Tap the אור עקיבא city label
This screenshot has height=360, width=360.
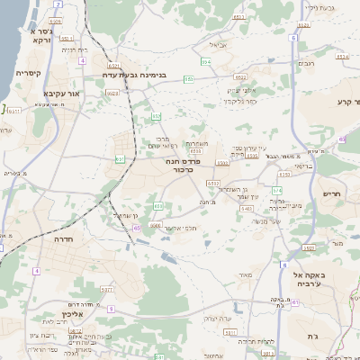pos(61,94)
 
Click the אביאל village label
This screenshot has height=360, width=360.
pos(219,44)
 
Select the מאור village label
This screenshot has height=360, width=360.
pos(245,274)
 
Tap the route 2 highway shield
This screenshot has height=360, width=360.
pos(58,4)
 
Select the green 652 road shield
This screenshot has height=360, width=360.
pos(157,116)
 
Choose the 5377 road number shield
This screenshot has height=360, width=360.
pos(107,289)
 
